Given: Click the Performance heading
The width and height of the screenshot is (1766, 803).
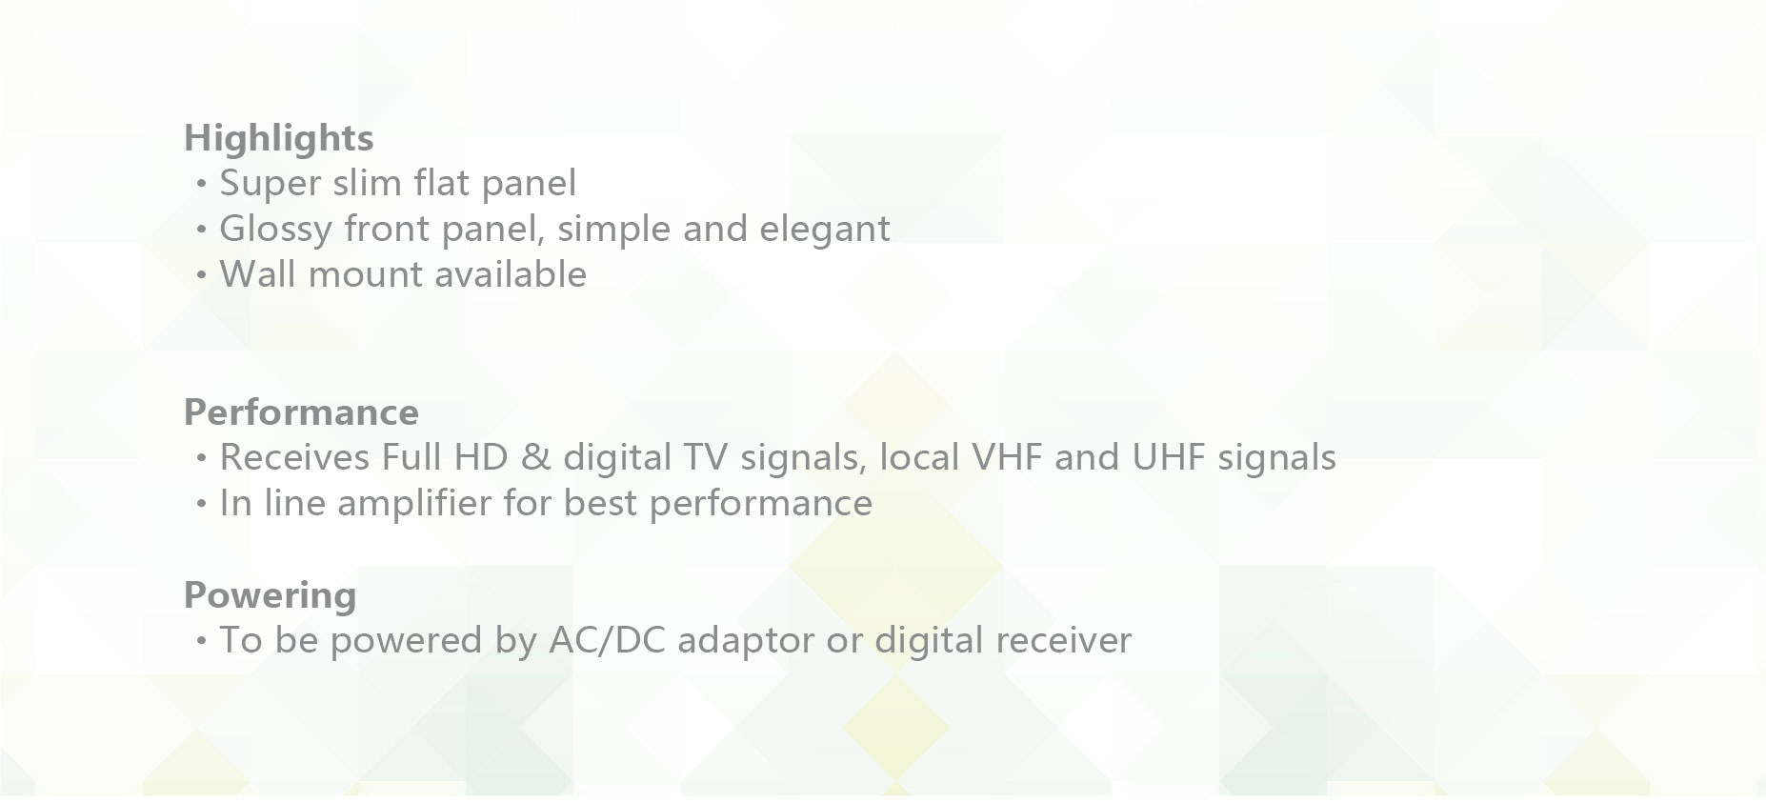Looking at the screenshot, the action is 301,412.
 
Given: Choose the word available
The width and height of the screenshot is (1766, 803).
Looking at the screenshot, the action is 496,274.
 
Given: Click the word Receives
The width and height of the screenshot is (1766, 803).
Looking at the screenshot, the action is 294,457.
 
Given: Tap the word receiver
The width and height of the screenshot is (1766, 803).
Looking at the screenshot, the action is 1063,640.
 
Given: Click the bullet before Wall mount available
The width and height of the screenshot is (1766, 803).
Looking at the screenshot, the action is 200,275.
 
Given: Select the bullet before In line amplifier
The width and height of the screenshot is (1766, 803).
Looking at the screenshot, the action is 200,504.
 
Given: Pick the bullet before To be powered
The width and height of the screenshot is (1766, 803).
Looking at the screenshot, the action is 200,641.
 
